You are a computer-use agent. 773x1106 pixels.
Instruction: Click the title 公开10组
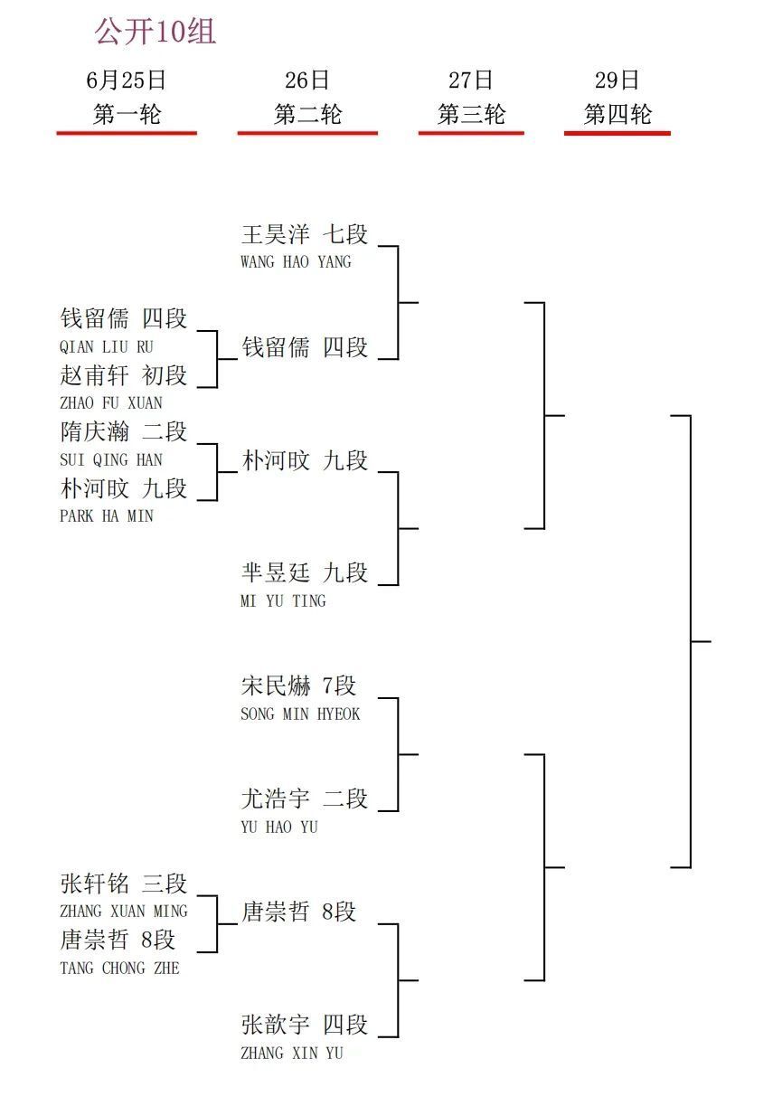tap(155, 32)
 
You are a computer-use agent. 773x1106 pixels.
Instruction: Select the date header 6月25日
tap(126, 80)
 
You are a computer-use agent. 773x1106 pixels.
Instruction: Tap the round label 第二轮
tap(307, 114)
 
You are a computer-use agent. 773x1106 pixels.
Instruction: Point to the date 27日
tap(470, 80)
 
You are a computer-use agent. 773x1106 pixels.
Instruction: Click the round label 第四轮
tap(617, 114)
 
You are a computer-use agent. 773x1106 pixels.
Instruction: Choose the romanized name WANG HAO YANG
tap(297, 261)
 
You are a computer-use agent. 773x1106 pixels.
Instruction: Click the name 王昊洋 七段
tap(305, 234)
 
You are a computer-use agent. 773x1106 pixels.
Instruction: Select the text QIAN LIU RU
tap(107, 347)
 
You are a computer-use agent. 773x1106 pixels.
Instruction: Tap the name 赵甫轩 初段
tap(123, 375)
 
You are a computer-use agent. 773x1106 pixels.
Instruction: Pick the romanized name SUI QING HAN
tap(111, 460)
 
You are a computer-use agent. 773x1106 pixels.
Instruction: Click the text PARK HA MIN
tap(107, 516)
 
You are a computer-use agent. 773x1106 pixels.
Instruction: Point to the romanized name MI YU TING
tap(283, 601)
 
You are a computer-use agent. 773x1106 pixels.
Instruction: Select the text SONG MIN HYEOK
tap(300, 714)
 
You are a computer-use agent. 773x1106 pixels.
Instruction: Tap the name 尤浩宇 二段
tap(305, 799)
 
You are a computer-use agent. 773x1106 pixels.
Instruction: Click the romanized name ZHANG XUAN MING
tap(124, 912)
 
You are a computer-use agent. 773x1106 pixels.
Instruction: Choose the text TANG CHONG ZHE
tap(119, 969)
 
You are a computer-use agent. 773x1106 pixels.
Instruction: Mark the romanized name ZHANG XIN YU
tap(292, 1054)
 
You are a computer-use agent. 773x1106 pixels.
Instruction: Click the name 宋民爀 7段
tap(298, 685)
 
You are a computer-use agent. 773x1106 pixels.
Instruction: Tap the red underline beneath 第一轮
tap(127, 133)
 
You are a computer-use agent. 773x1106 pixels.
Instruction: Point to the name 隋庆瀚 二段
tap(123, 432)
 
